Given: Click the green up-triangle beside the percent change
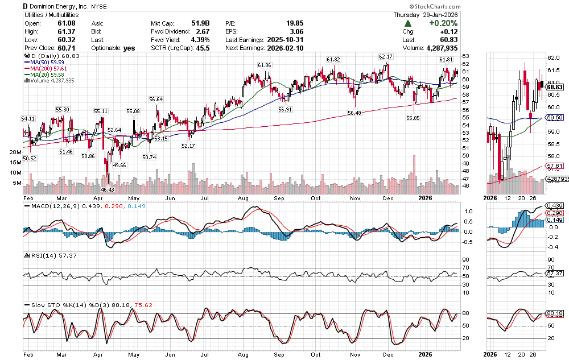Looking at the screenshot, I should tap(409, 23).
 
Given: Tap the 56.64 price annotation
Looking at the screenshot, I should tap(156, 100).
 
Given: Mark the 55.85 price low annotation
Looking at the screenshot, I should tap(413, 118).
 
